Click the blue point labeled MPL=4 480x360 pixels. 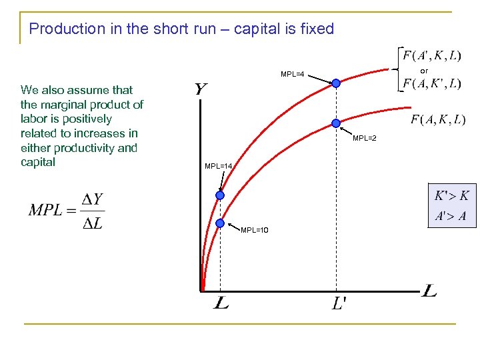(x=336, y=83)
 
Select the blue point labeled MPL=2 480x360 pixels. (x=336, y=123)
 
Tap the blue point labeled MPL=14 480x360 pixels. (x=220, y=195)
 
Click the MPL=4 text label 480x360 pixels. (x=293, y=74)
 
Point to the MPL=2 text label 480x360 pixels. (x=365, y=138)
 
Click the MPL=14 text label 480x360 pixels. (x=218, y=165)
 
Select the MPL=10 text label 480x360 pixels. (x=255, y=230)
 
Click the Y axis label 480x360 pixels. (x=200, y=89)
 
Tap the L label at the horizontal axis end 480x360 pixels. (x=429, y=291)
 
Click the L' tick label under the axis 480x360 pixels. (x=339, y=304)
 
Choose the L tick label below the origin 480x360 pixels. (x=221, y=304)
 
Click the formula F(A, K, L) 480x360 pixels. (x=438, y=120)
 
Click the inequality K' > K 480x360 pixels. (x=451, y=196)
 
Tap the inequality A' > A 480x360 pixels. (x=451, y=216)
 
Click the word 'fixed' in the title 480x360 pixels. (x=317, y=29)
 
